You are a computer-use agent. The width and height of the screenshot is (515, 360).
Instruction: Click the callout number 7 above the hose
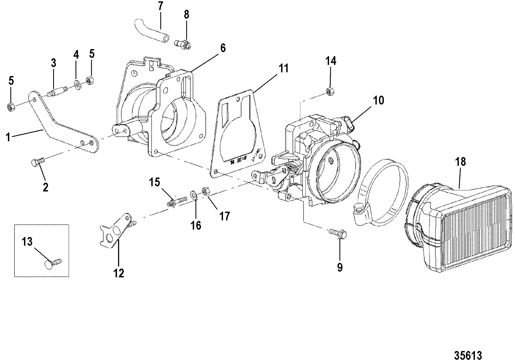pos(160,7)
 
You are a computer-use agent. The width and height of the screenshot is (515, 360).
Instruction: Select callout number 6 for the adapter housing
pos(223,48)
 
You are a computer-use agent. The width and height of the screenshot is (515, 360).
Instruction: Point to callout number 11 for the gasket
pos(284,68)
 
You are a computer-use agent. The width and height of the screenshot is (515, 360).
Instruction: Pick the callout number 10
pos(378,100)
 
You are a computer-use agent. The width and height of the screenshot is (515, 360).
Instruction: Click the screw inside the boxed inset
pos(53,263)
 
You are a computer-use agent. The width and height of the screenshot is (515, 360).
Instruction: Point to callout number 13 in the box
pos(27,242)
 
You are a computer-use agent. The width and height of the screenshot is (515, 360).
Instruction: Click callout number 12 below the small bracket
pos(119,273)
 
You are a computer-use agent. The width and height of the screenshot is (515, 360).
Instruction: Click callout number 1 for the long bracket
pos(8,137)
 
